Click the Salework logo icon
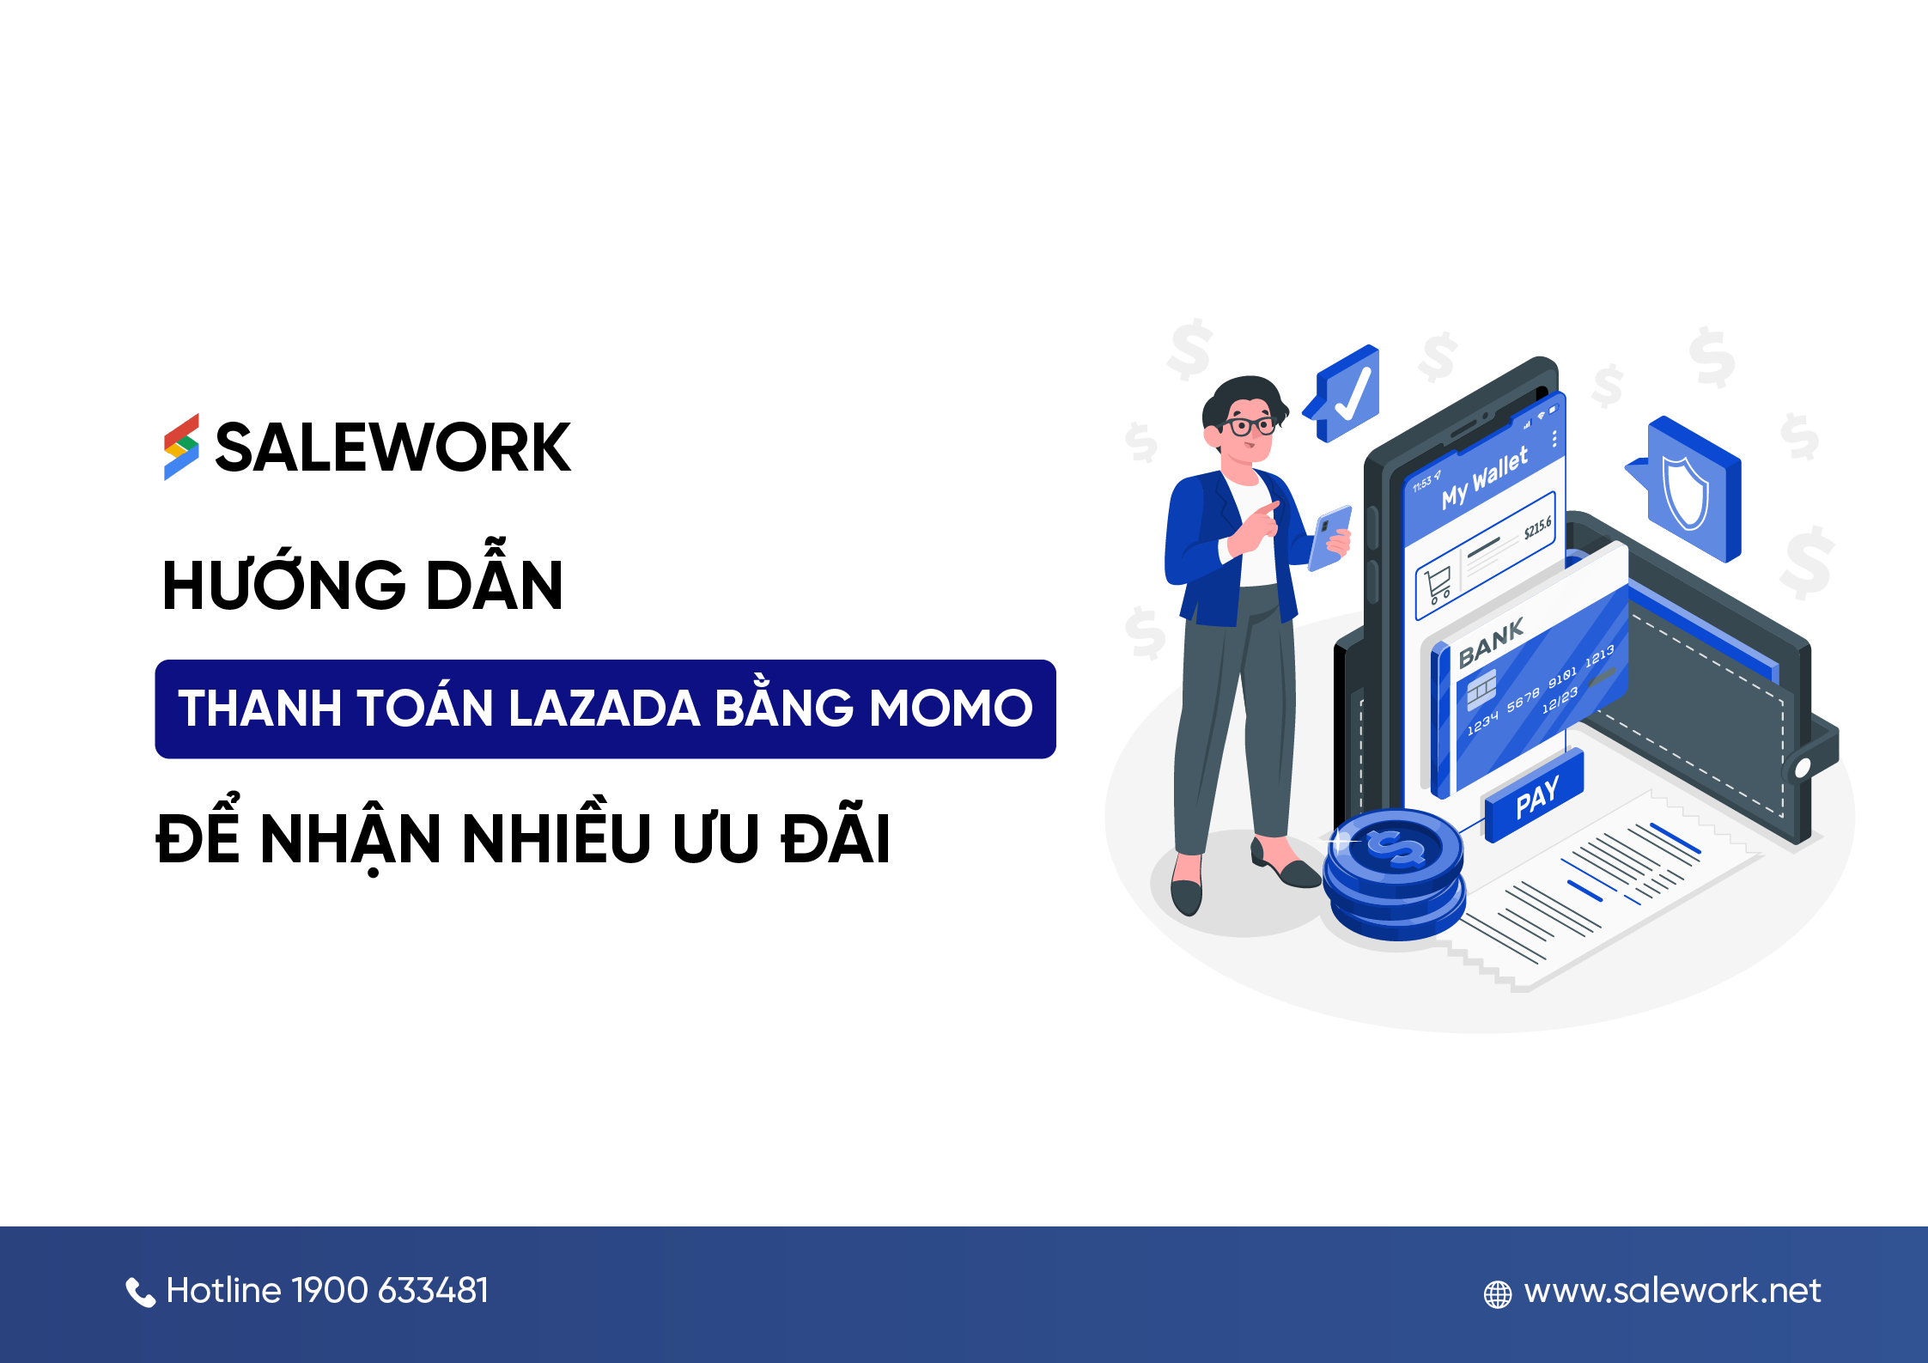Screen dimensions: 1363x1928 [181, 447]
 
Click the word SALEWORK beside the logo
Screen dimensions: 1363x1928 [392, 448]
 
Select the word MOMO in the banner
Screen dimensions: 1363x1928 [951, 709]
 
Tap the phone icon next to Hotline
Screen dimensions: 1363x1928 [140, 1292]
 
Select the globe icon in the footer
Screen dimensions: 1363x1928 [1497, 1294]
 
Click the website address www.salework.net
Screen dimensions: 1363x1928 [1672, 1291]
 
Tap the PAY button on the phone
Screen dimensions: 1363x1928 [1536, 798]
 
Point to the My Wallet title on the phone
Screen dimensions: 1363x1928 [1485, 478]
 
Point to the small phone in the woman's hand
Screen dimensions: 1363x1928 [1329, 538]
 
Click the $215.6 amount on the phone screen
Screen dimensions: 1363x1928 [1537, 527]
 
